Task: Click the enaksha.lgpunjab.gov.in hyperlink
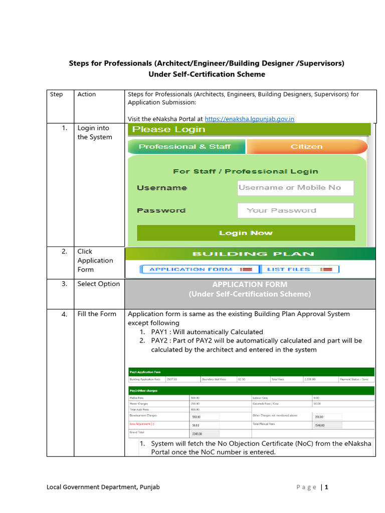[250, 119]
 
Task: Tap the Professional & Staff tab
[184, 147]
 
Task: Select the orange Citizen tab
[307, 147]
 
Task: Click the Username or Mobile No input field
[295, 188]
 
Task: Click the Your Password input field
[295, 210]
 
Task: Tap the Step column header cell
[57, 94]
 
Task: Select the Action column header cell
[87, 94]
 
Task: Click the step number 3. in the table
[64, 284]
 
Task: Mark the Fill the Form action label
[97, 314]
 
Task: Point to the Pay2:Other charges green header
[144, 390]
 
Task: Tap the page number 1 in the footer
[326, 487]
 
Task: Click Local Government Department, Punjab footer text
[103, 487]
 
